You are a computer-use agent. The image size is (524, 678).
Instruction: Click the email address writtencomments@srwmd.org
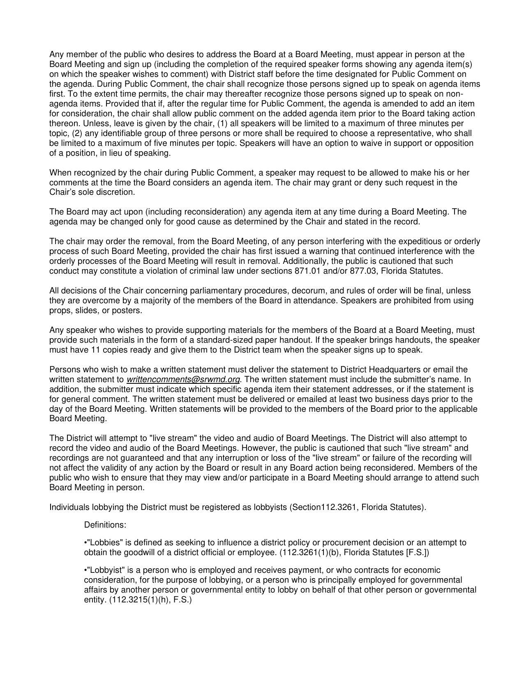[183, 379]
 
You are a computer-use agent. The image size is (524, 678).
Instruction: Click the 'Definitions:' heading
[105, 525]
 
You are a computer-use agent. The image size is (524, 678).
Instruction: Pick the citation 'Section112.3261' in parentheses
[319, 507]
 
